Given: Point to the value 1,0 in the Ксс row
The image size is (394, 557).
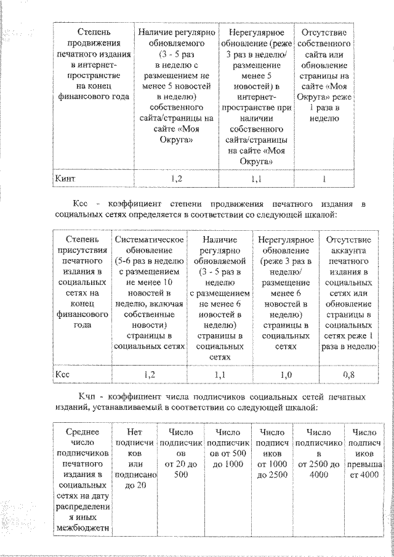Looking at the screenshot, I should coord(286,374).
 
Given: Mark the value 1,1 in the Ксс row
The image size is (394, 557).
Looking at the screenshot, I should coord(220,374).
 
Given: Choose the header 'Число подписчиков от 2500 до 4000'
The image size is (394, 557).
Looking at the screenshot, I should coord(318,454).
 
